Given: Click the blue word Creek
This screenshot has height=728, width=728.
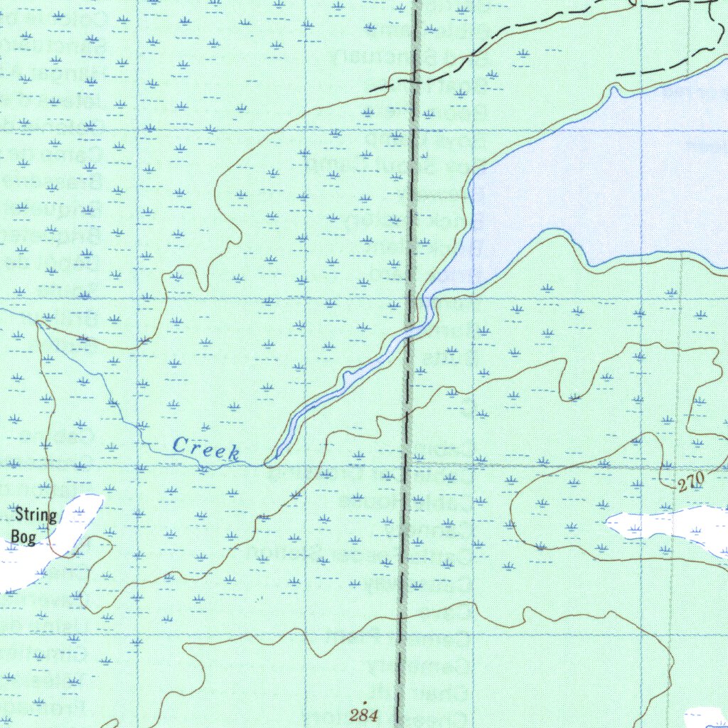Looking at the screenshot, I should click(x=207, y=449).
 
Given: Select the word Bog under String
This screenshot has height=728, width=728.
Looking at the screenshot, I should click(x=23, y=535).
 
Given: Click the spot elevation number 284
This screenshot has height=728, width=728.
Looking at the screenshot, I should click(x=364, y=714).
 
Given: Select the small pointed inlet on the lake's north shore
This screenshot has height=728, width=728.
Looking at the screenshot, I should click(x=616, y=88).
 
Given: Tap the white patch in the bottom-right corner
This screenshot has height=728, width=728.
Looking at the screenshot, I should click(x=707, y=718).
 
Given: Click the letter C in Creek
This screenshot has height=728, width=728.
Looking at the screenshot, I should click(x=180, y=446).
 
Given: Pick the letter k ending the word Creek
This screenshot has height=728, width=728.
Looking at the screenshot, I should click(x=234, y=453).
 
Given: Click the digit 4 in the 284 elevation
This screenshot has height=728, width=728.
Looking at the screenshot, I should click(x=373, y=714).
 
